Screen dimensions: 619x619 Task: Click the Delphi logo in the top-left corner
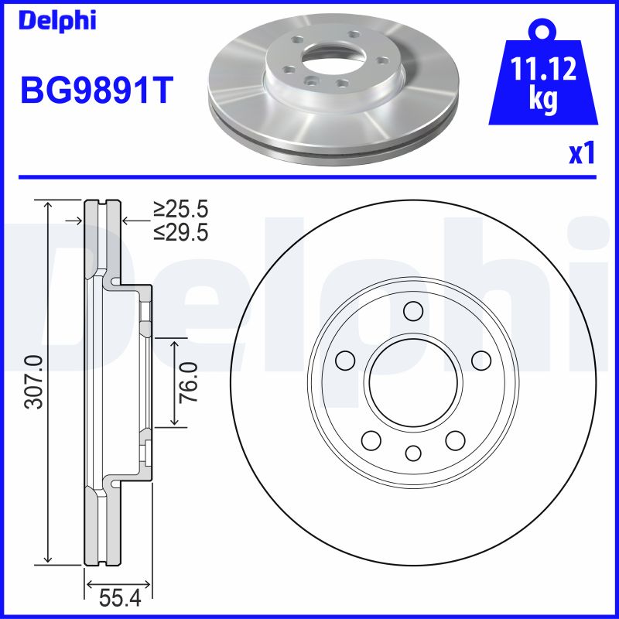click(x=58, y=21)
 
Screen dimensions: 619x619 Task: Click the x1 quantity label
click(x=582, y=154)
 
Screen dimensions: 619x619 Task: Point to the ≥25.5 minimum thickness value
click(x=180, y=210)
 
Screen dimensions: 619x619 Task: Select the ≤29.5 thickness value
click(x=180, y=232)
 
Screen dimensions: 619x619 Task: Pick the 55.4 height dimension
click(x=118, y=597)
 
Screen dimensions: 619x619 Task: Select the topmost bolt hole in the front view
click(x=413, y=311)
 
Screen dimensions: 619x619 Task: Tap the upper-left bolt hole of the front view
click(x=345, y=360)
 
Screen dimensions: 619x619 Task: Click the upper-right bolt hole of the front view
click(x=481, y=360)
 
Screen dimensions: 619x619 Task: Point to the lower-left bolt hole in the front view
click(x=371, y=440)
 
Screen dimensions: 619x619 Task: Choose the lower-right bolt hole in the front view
click(x=455, y=440)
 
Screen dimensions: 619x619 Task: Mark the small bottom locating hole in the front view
click(x=413, y=453)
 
